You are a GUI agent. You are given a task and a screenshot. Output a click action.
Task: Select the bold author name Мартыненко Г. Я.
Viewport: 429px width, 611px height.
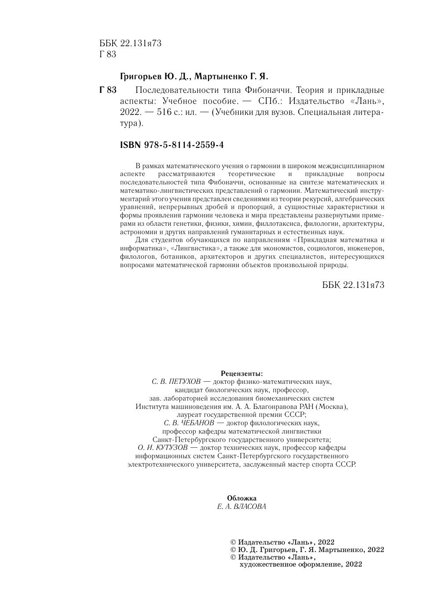[231, 76]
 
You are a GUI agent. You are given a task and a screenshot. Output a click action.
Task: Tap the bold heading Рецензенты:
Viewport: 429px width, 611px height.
[242, 373]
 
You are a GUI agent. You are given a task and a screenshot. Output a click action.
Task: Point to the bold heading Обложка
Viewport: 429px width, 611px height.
[242, 498]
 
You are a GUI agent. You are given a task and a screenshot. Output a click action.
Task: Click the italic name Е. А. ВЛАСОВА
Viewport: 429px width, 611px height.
[242, 507]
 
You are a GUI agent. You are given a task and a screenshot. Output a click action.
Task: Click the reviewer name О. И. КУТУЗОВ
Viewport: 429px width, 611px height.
[162, 448]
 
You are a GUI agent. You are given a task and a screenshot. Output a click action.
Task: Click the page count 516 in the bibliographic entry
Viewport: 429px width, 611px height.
[164, 112]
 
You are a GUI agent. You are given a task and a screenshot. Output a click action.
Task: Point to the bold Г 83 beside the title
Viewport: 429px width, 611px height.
[108, 90]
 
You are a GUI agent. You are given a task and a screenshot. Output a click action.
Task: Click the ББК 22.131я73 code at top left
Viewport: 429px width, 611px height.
[130, 43]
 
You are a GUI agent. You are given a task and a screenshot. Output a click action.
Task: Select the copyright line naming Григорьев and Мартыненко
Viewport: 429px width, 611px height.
[307, 550]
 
